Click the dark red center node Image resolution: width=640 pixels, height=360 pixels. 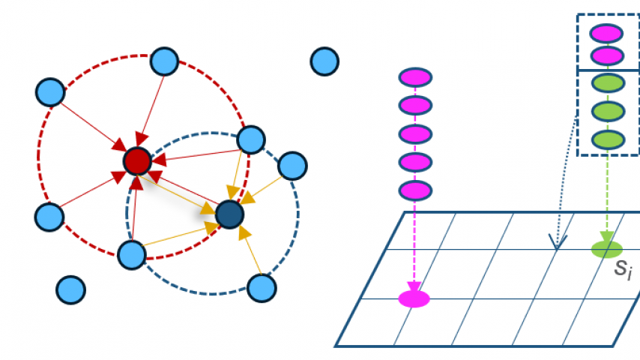point(136,160)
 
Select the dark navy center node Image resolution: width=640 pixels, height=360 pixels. point(229,215)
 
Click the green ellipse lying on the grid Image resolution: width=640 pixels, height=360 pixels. point(606,249)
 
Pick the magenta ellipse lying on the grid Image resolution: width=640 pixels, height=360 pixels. point(414,298)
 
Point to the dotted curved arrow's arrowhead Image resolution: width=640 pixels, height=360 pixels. point(555,243)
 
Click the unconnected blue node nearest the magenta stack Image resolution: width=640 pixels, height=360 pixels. point(324,60)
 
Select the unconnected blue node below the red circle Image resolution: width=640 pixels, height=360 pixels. point(71,289)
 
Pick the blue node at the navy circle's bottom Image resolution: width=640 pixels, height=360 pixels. point(261,287)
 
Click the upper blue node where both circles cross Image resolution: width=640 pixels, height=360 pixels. point(251,139)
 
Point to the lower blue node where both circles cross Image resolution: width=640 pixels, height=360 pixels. point(132,255)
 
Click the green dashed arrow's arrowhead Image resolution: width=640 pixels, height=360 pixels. point(606,235)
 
